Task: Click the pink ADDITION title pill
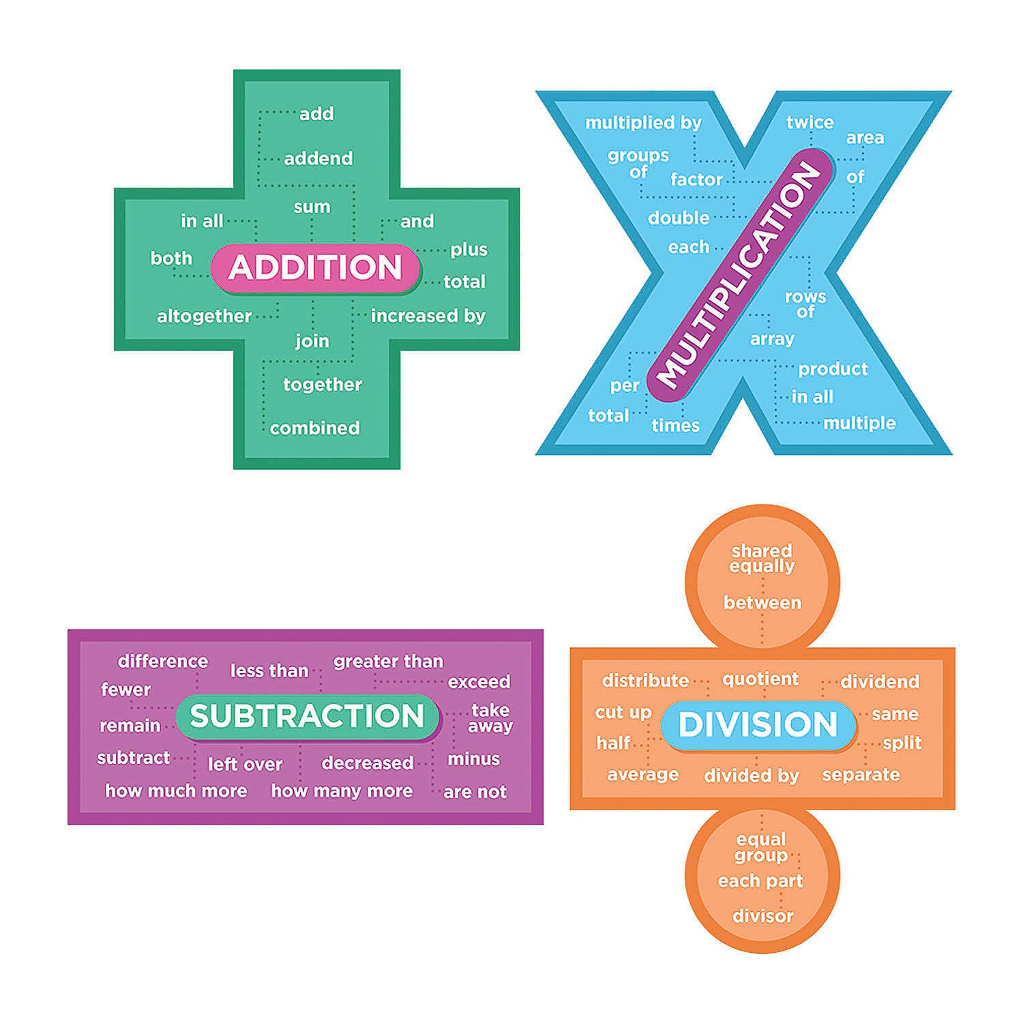pos(315,267)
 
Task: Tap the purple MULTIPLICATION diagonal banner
pos(740,275)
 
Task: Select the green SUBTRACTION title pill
pos(307,716)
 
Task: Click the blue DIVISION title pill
pos(758,724)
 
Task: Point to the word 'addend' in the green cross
pos(318,158)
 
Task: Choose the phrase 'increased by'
pos(428,316)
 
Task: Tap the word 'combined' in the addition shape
pos(314,428)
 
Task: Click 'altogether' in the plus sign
pos(204,316)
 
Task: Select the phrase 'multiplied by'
pos(643,123)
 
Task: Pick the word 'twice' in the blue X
pos(810,122)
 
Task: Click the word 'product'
pos(833,369)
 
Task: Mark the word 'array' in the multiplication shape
pos(772,339)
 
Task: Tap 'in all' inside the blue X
pos(812,397)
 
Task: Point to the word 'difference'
pos(163,661)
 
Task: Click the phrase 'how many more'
pos(342,791)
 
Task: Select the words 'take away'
pos(490,718)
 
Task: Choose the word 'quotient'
pos(760,679)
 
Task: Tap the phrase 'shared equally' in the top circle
pos(762,559)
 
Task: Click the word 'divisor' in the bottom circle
pos(762,916)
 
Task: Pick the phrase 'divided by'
pos(751,775)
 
